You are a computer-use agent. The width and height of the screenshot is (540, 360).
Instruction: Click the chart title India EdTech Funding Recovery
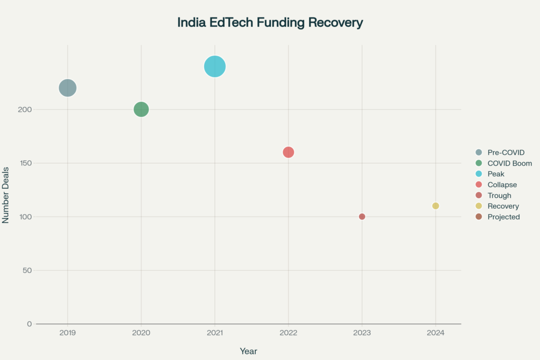(x=270, y=23)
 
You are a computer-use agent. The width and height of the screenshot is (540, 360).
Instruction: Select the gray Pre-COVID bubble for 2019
(x=67, y=88)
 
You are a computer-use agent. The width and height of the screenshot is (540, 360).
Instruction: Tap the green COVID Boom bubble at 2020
(x=141, y=110)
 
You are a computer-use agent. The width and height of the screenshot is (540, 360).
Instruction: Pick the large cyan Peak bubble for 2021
(x=215, y=66)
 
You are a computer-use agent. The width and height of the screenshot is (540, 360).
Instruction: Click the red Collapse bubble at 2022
(x=288, y=152)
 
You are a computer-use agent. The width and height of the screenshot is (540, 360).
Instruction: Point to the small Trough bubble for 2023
(x=362, y=217)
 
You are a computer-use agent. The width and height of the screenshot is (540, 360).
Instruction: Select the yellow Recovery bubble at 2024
(x=436, y=206)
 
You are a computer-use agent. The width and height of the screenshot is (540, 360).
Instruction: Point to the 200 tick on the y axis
(x=26, y=110)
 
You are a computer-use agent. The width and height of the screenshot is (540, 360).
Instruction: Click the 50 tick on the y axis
(x=27, y=270)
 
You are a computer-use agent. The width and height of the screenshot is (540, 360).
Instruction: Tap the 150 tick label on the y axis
(x=26, y=163)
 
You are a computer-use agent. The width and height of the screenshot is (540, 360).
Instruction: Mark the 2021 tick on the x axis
(x=215, y=333)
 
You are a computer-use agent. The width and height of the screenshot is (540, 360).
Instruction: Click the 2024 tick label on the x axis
(x=436, y=333)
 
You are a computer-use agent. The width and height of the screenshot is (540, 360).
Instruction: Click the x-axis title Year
(x=248, y=351)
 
